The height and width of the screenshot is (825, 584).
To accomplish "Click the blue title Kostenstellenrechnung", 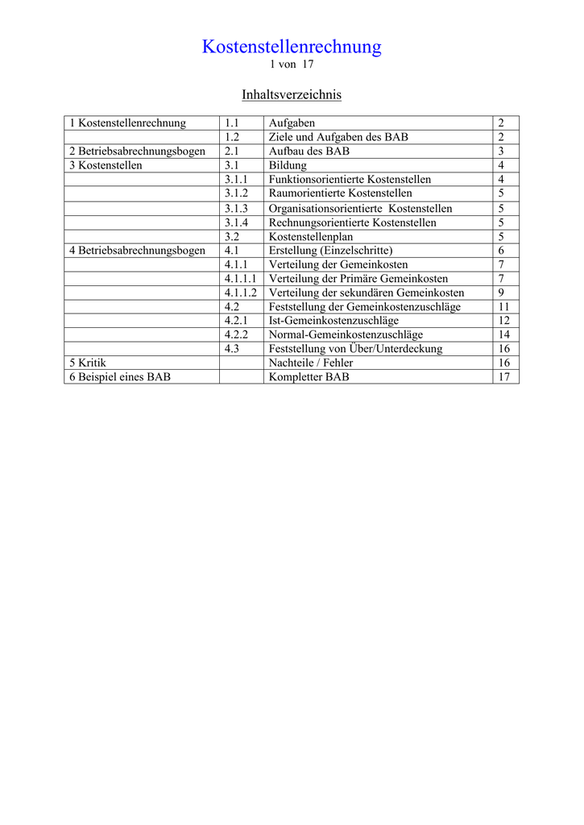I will [292, 47].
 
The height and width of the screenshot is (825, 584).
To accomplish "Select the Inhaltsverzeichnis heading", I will [292, 95].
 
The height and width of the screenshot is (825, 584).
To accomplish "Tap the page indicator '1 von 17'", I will [292, 64].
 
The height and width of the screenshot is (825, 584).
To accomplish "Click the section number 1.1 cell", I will [232, 123].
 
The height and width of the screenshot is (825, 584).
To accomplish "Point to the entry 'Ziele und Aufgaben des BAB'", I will [338, 137].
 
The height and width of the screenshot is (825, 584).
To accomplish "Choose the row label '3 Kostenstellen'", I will [106, 165].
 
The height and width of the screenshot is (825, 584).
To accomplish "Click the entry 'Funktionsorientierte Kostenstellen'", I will [350, 180].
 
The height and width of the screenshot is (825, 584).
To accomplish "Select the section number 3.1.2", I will [236, 193].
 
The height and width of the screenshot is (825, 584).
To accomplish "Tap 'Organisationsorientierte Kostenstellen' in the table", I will [360, 209].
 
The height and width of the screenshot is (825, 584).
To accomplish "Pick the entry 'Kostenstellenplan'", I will [310, 237].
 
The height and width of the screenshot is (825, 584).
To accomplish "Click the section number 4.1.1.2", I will [240, 292].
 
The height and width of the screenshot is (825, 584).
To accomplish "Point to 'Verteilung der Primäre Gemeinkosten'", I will [358, 279].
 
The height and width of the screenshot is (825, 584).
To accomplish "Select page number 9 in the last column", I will [501, 292].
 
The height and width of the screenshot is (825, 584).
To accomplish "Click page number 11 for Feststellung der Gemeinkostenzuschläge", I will [504, 307].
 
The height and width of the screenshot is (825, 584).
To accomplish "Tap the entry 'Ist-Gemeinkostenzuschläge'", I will [333, 321].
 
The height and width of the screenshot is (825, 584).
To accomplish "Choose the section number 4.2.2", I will [236, 334].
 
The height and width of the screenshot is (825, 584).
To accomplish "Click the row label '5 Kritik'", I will [87, 363].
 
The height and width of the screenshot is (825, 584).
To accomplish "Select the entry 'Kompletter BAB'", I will [309, 376].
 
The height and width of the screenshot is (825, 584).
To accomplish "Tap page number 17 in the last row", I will [504, 376].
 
